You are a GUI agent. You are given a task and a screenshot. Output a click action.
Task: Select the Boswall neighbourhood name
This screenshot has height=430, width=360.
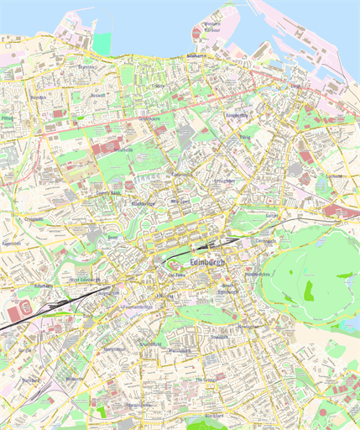pos(98,96)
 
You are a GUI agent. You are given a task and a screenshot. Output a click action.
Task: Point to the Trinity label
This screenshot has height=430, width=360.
pos(159,86)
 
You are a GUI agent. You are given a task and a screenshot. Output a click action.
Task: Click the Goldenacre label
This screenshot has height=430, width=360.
pos(149,119)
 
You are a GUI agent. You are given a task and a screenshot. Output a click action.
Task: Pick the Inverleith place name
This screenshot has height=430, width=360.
pos(123,149)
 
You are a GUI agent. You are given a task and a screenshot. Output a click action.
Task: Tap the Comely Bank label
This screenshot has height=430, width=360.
pos(109,192)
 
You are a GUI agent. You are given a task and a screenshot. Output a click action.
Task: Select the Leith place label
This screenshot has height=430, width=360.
pos(295,87)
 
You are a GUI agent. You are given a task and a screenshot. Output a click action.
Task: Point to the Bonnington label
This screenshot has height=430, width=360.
pos(237,115)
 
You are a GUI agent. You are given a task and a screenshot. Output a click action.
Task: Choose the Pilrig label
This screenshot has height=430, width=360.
pos(245,136)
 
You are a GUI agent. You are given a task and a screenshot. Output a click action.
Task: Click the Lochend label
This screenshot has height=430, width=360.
pos(337,176)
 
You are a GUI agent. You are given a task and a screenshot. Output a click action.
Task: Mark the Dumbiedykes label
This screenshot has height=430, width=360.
pos(258,275)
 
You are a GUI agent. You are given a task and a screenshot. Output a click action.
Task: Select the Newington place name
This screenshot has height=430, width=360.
pos(246,326)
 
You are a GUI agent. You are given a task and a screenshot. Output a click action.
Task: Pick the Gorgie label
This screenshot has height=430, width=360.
pos(24,351)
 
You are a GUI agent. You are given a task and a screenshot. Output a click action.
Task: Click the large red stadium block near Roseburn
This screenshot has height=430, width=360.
pos(23,310)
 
